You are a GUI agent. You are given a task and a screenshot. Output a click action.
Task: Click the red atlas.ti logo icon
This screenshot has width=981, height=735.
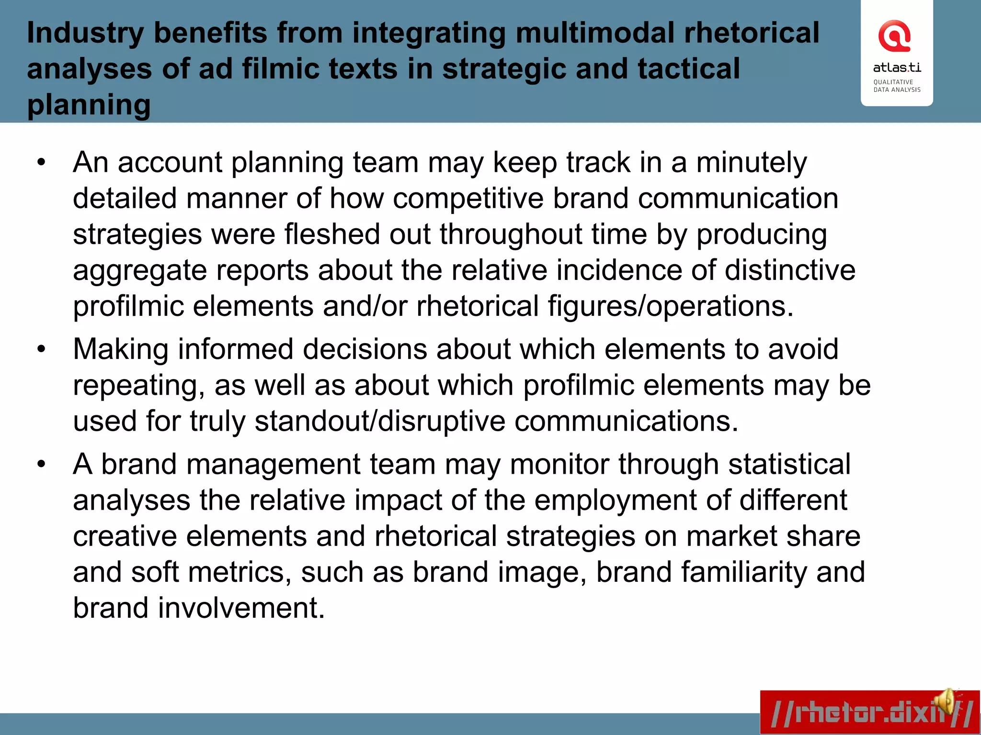tap(894, 36)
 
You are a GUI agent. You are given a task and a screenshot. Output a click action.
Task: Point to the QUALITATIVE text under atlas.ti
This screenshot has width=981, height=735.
tap(893, 82)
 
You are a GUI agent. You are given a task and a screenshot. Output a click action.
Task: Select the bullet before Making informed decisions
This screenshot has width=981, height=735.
tap(41, 349)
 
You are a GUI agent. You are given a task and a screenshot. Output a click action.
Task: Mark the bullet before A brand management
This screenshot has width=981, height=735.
tap(41, 464)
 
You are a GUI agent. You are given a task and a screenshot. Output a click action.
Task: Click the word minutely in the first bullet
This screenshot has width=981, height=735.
tap(751, 163)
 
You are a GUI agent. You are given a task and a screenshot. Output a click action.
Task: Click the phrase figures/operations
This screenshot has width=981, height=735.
tap(671, 306)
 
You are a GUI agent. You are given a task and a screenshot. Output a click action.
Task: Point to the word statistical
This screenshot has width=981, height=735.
tap(789, 464)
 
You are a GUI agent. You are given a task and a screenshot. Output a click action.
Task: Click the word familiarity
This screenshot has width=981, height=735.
tap(744, 572)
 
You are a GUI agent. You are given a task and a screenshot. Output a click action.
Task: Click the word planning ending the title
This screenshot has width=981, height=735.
tap(89, 105)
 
